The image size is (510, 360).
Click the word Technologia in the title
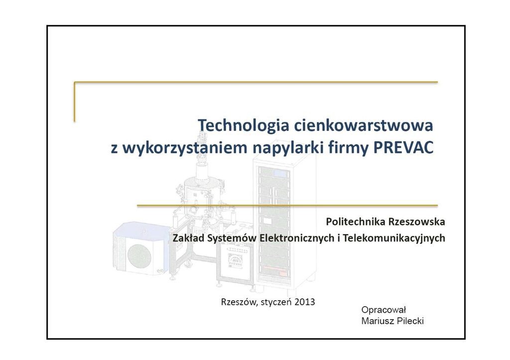tap(244, 125)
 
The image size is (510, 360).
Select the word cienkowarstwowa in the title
tap(364, 125)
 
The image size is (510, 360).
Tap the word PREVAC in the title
tap(403, 148)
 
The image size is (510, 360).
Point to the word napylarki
tap(288, 148)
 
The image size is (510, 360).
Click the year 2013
tap(304, 302)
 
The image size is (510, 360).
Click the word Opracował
tap(384, 310)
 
